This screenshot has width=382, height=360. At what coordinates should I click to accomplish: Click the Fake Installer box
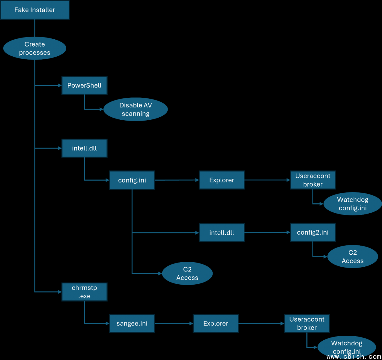tap(35, 10)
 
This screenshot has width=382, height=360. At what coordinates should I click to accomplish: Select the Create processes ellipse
tap(35, 48)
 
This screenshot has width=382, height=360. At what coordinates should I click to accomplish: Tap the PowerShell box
tap(84, 85)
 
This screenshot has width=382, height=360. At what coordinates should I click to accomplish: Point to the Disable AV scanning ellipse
tap(136, 109)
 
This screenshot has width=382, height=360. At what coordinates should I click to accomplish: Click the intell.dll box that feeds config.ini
tap(84, 148)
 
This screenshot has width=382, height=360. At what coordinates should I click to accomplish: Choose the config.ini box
tap(132, 180)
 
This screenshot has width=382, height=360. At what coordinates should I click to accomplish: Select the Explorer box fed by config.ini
tap(222, 180)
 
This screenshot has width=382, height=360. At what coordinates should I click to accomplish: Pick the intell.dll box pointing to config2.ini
tap(222, 232)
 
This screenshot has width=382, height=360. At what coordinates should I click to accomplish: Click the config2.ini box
tap(313, 232)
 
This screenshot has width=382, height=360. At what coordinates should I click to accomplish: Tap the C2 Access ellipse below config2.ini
tap(353, 257)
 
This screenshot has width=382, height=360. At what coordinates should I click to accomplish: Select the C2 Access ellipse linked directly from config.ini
tap(187, 274)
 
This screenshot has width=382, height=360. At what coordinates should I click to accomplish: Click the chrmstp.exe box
tap(84, 292)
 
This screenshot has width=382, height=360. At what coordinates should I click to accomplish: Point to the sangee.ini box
tap(132, 323)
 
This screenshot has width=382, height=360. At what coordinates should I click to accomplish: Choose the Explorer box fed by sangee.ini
tap(216, 323)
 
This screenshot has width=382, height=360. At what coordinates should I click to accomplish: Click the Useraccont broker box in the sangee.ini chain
tap(307, 323)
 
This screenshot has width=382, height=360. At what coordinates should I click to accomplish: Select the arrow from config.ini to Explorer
tap(177, 180)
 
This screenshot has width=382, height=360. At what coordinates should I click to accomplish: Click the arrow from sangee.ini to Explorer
tap(174, 323)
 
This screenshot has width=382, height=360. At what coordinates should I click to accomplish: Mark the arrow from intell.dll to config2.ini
tap(267, 232)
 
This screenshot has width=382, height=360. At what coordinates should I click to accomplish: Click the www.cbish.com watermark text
tap(354, 357)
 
